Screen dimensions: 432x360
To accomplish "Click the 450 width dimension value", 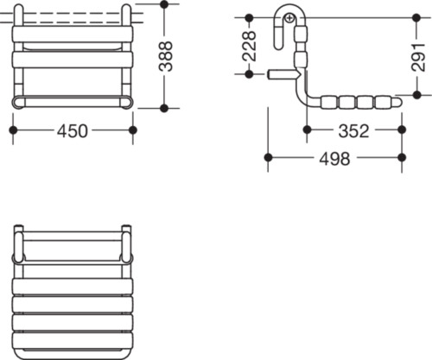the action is tap(72, 131).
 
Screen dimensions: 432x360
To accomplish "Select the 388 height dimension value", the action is tap(166, 56).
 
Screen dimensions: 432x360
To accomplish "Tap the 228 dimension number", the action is tap(250, 46).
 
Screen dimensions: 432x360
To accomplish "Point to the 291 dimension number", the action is tap(418, 57).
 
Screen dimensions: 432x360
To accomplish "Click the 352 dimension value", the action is tap(353, 131).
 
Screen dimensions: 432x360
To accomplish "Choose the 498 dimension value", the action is tap(334, 159).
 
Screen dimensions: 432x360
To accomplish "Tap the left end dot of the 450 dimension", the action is tap(13, 130).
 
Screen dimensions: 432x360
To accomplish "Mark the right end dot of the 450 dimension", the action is tap(133, 130).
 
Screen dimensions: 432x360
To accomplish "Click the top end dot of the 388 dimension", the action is tap(164, 4).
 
